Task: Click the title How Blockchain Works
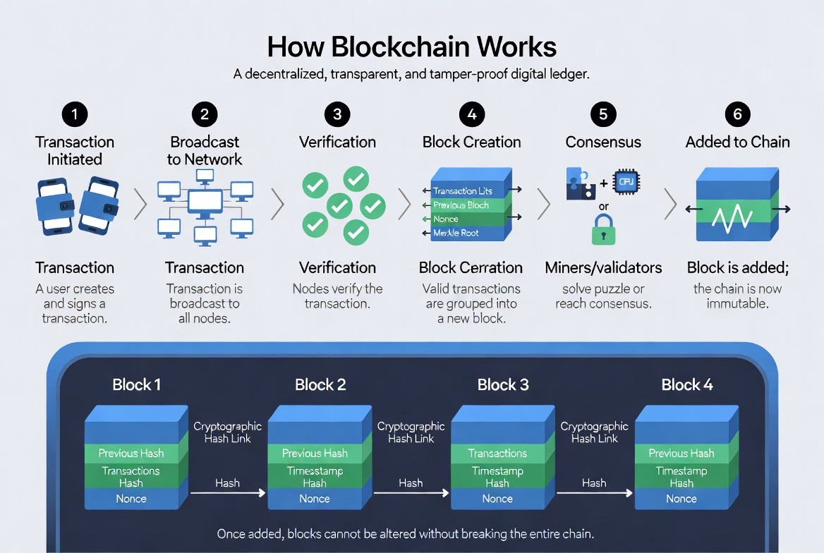click(412, 47)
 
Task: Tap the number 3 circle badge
click(337, 114)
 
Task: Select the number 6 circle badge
click(737, 114)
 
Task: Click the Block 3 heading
click(503, 384)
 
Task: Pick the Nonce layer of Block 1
click(131, 499)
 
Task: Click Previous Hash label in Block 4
click(681, 454)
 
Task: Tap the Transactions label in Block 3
click(497, 454)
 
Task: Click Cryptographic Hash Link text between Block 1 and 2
click(227, 432)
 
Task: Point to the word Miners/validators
click(603, 267)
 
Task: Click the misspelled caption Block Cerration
click(471, 267)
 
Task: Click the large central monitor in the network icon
click(205, 202)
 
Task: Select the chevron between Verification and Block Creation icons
click(404, 205)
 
